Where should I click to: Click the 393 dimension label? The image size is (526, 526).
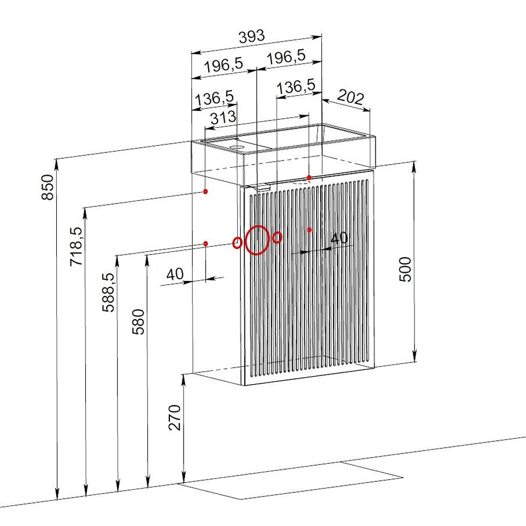click(251, 36)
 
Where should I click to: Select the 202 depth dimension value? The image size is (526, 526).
click(350, 97)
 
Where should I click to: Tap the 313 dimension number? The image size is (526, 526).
click(223, 118)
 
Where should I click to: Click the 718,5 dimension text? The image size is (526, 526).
click(76, 247)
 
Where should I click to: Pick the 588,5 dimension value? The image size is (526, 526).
click(108, 292)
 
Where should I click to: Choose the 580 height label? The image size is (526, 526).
click(138, 322)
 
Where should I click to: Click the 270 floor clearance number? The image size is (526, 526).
click(175, 418)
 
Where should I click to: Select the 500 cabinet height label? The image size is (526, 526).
click(405, 269)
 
